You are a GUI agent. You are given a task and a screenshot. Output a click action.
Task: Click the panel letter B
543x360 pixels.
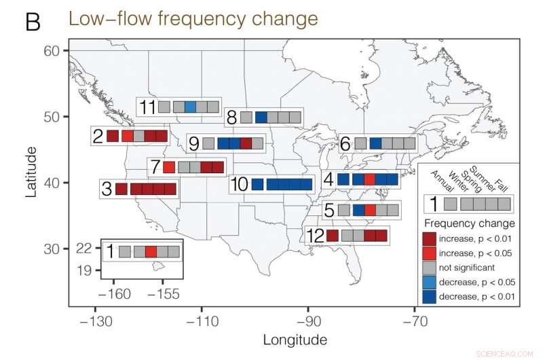pos(33,22)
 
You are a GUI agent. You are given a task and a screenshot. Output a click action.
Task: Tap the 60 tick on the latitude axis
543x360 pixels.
pos(54,50)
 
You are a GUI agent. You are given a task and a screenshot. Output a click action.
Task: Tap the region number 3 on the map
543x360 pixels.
pos(107,189)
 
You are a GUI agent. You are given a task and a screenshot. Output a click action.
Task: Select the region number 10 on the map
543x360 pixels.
pos(240,184)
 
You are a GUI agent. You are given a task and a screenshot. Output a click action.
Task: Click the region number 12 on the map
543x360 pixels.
pos(315,236)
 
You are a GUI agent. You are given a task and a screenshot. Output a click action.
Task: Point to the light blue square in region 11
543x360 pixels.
pos(191,107)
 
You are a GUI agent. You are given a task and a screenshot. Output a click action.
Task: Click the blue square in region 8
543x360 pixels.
pos(261,118)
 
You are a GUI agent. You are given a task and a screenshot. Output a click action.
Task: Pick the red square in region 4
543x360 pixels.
pos(369,180)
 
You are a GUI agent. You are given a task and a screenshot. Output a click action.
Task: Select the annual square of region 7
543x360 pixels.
pos(169,166)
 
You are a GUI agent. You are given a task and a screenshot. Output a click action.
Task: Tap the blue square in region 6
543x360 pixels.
pos(375,143)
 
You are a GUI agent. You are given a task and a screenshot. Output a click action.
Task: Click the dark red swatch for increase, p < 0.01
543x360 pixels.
pos(429,238)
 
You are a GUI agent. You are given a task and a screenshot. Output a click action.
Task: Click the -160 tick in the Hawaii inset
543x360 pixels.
pos(113,294)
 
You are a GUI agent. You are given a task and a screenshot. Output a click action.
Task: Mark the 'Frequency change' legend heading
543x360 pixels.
pos(469,223)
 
